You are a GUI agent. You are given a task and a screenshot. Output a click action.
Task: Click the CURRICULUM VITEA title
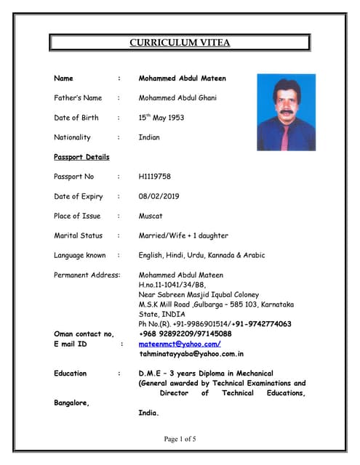point(180,43)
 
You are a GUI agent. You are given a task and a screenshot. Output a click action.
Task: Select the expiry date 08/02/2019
point(159,196)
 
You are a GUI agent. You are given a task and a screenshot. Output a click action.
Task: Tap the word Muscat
point(151,216)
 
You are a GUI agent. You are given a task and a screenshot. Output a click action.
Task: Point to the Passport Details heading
point(81,157)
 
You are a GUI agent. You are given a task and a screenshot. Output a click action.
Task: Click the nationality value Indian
point(149,137)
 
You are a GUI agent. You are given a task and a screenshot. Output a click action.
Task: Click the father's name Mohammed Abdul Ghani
point(177,97)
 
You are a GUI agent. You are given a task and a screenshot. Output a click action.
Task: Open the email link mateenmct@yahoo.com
point(180,344)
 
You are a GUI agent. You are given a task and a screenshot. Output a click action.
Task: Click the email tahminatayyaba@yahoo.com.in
point(191,354)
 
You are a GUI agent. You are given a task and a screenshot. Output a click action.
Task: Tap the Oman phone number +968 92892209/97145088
point(185,333)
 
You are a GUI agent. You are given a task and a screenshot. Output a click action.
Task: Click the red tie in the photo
point(285,134)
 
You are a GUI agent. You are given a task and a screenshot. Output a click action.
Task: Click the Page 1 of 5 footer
point(180,439)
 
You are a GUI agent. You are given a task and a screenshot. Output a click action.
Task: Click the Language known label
point(80,255)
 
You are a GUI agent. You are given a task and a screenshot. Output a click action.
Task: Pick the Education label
point(71,373)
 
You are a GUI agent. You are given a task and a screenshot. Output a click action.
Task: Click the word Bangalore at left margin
point(72,403)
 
